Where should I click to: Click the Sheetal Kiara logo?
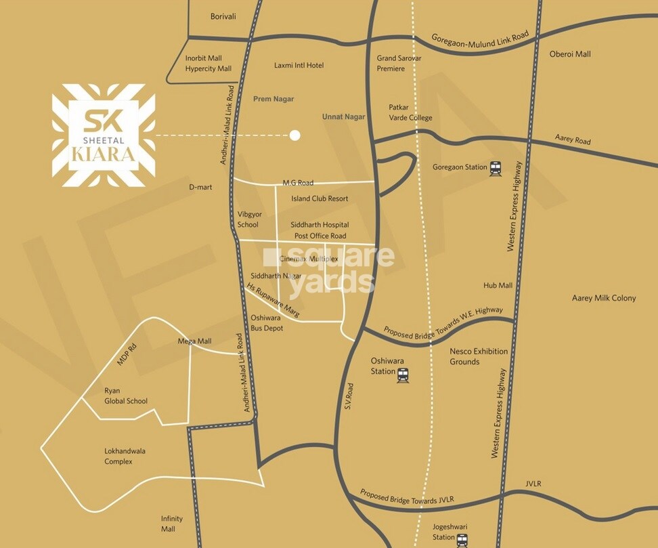(104, 135)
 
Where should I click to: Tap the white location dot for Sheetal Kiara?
(294, 135)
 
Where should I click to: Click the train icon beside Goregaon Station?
(496, 168)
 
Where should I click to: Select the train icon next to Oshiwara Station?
(403, 375)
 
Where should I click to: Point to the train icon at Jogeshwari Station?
(462, 540)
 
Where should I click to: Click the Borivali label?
(223, 16)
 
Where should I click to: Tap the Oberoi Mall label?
(570, 54)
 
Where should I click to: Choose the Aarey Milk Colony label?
(604, 298)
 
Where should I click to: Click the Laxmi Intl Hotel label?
(299, 65)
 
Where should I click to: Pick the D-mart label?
(201, 187)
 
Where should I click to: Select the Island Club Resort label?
(320, 198)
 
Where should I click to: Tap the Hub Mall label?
(498, 285)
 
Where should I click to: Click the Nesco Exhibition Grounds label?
(479, 356)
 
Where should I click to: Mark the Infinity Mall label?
(172, 524)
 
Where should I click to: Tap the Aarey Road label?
(573, 140)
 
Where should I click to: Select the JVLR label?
(533, 483)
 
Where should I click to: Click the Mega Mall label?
(194, 341)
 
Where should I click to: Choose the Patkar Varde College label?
(410, 112)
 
